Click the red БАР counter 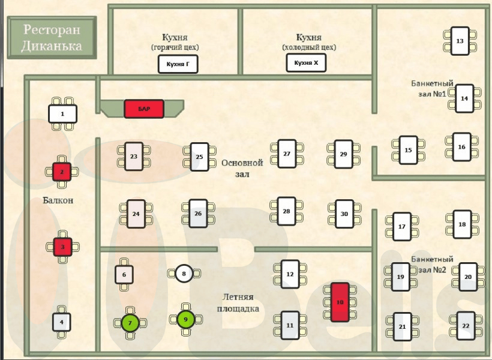143,109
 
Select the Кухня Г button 178,64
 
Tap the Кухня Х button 306,62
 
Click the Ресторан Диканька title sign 52,37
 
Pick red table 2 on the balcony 62,172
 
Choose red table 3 62,246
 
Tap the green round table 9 185,319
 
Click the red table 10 340,302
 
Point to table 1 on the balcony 62,113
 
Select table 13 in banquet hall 460,41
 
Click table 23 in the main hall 134,157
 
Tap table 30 344,214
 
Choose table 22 466,326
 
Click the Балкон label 58,200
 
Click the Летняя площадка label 238,303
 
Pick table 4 61,322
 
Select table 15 408,150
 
